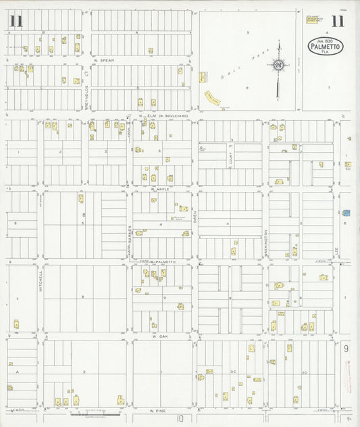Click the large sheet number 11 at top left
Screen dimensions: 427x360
pyautogui.click(x=16, y=21)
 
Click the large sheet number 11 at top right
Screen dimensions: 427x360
pyautogui.click(x=337, y=21)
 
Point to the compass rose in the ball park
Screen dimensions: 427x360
pyautogui.click(x=278, y=66)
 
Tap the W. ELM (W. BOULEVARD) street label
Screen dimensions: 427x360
pyautogui.click(x=163, y=116)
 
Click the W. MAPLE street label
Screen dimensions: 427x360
pyautogui.click(x=159, y=190)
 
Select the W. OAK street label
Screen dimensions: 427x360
pyautogui.click(x=159, y=336)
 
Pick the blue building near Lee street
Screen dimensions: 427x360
pyautogui.click(x=346, y=213)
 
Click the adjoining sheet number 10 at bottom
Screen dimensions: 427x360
pyautogui.click(x=180, y=419)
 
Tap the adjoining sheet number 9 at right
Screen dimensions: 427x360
pyautogui.click(x=346, y=349)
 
